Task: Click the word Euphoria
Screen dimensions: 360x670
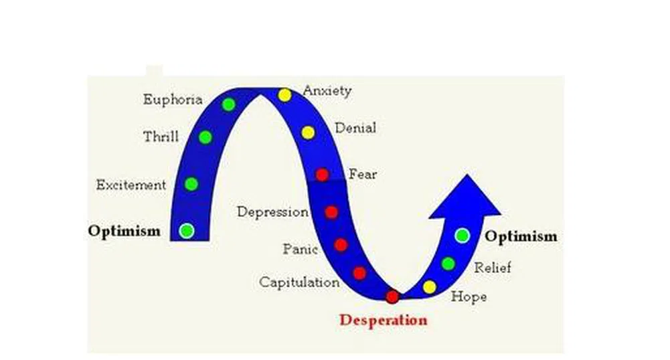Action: pos(173,100)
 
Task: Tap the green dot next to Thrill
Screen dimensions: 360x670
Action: pos(205,137)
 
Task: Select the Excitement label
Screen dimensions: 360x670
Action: pos(131,185)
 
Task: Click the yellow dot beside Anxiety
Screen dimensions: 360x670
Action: pos(285,95)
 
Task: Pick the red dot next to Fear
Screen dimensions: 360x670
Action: pos(322,175)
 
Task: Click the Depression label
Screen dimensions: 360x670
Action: pos(273,212)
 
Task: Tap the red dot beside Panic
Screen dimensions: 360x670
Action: pos(341,245)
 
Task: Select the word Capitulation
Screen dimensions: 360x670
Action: pos(299,282)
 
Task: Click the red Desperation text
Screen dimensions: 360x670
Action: pos(383,320)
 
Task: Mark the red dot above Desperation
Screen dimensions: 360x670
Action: pos(392,296)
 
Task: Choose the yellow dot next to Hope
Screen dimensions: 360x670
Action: pos(430,287)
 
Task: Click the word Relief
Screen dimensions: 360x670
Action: pos(493,268)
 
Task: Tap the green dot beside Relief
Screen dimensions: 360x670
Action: pos(448,264)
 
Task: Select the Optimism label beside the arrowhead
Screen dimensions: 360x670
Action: pos(521,237)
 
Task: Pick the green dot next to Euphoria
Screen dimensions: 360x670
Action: pos(229,104)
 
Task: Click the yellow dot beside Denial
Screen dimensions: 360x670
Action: pos(308,132)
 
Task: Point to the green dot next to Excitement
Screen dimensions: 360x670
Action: pos(191,183)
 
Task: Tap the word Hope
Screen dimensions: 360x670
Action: pos(469,296)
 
